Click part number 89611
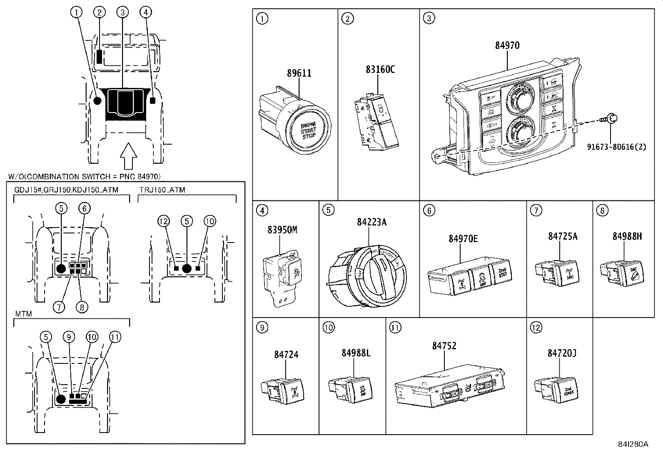click(x=299, y=73)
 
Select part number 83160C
click(x=380, y=69)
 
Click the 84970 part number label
click(x=507, y=45)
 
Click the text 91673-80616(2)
click(x=617, y=147)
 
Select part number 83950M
click(x=282, y=230)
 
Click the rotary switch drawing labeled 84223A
click(x=368, y=277)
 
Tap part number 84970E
click(x=463, y=238)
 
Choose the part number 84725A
click(x=562, y=236)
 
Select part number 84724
click(x=286, y=355)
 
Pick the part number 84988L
click(x=356, y=353)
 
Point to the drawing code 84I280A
click(x=633, y=444)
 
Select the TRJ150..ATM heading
click(x=162, y=190)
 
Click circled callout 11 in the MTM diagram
click(x=115, y=337)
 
